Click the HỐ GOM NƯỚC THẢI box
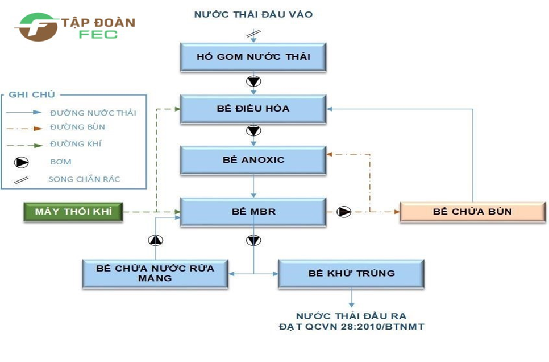(253, 57)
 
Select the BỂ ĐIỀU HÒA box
(253, 109)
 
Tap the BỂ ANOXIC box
(253, 160)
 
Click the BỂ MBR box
(253, 212)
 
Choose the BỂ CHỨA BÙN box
(473, 212)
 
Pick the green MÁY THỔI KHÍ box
(73, 212)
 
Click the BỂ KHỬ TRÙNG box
(351, 274)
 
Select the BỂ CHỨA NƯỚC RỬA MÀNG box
(155, 274)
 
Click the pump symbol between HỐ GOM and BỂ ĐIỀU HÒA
(253, 81)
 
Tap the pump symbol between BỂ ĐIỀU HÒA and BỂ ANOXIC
(253, 131)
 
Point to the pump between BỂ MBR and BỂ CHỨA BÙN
(344, 212)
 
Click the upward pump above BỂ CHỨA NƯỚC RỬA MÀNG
(156, 240)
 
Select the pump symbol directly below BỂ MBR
(253, 240)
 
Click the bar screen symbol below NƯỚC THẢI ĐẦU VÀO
(253, 34)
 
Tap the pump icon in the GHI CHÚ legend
(22, 162)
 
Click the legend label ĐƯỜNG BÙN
(77, 127)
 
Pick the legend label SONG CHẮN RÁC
(84, 179)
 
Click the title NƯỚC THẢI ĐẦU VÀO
(253, 14)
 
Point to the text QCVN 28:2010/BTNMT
(365, 327)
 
